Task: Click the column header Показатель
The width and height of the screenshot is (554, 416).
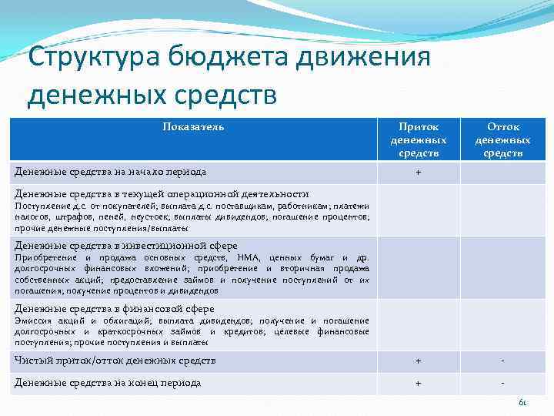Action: (193, 126)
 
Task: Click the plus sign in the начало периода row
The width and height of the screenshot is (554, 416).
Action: (418, 173)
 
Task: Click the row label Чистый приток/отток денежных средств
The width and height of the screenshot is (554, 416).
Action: (115, 361)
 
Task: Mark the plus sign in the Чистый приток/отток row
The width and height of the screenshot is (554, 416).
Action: (418, 361)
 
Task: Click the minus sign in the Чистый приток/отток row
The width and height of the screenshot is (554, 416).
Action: (502, 361)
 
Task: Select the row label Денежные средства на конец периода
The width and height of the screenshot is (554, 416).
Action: (108, 383)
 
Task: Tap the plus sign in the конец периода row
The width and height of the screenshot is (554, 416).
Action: (418, 384)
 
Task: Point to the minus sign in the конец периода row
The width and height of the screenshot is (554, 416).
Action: (502, 384)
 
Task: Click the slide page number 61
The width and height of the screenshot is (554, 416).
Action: (522, 403)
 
